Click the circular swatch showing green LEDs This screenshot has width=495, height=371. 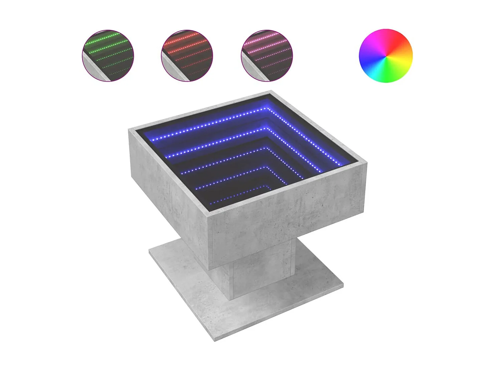tap(108, 56)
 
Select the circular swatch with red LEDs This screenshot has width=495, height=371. tap(187, 56)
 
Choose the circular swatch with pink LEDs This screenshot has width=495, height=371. tap(267, 56)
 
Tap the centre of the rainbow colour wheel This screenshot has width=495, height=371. tap(386, 56)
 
